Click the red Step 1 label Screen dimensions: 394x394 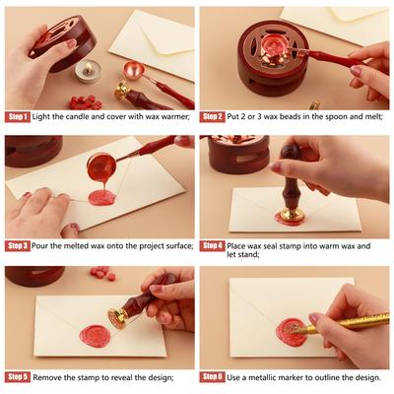point(18,116)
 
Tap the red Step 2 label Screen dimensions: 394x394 point(214,116)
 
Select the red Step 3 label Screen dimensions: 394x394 point(18,245)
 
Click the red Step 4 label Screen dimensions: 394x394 point(214,245)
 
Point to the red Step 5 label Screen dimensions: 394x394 point(18,376)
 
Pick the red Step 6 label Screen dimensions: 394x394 point(214,376)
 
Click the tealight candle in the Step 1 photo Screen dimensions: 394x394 point(90,71)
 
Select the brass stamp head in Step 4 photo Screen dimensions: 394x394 point(290,214)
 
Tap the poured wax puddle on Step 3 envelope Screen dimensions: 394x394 point(101,197)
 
